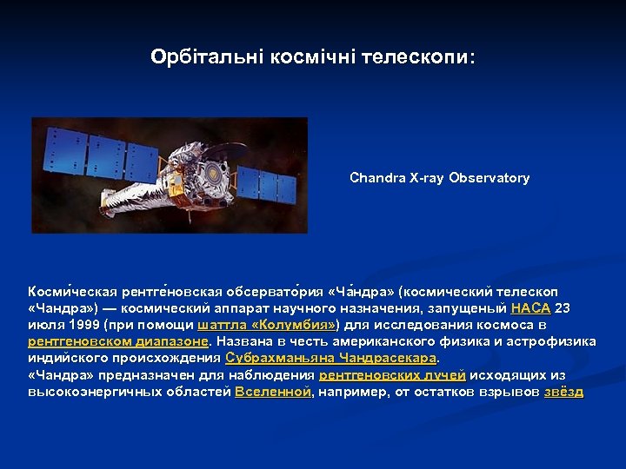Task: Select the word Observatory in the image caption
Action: (489, 178)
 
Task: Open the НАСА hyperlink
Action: (530, 308)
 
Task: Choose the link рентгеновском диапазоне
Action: (117, 341)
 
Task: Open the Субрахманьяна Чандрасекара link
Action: (331, 358)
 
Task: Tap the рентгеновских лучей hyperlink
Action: (392, 375)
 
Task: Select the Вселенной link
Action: (273, 392)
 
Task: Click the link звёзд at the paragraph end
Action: (563, 392)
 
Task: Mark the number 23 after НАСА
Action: (563, 308)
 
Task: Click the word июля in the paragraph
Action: (43, 325)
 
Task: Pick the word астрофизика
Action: (553, 341)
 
